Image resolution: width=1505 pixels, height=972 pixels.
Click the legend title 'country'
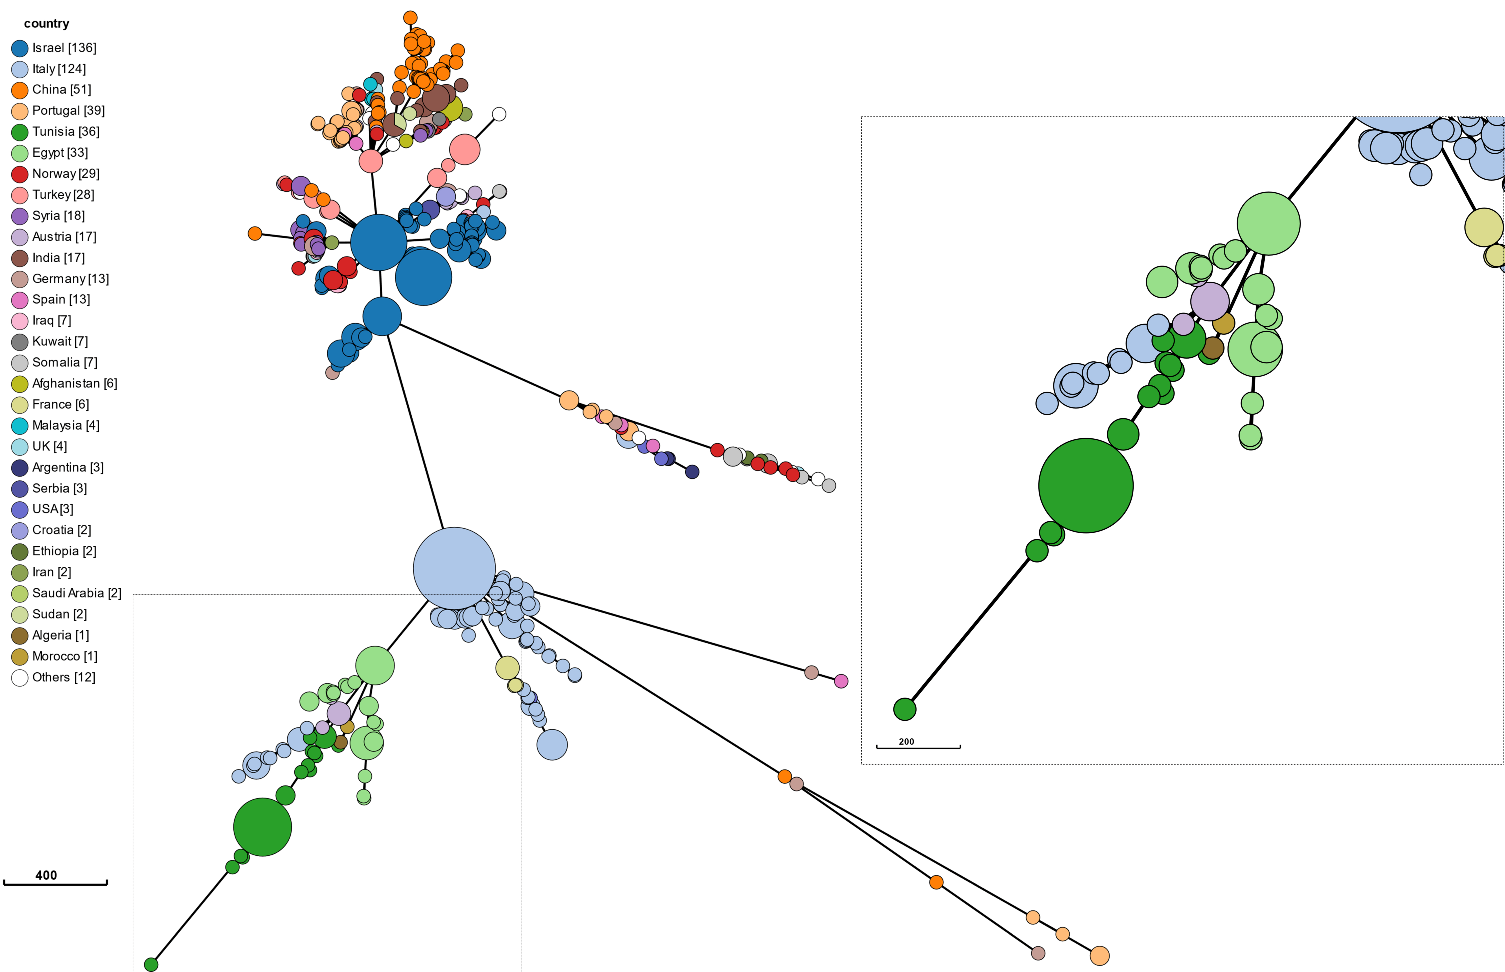pos(46,23)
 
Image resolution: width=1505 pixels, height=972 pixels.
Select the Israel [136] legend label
pos(64,48)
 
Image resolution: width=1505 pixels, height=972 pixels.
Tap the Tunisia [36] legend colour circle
pos(20,132)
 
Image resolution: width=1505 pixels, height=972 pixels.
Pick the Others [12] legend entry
pos(63,677)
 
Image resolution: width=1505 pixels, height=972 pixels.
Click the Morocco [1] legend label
pos(64,656)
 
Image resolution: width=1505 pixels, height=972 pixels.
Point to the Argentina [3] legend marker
pos(20,468)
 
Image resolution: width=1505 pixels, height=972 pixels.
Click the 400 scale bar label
pos(46,875)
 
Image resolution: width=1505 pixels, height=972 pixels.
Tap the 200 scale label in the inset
pos(906,742)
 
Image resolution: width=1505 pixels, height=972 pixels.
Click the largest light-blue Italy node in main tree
pos(454,568)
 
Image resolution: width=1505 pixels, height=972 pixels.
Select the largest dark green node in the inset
pos(1085,485)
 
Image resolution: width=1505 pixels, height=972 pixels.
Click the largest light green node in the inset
pos(1268,224)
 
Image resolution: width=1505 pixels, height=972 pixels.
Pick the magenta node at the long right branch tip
pos(841,681)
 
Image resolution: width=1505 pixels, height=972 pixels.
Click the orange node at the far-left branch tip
pos(255,234)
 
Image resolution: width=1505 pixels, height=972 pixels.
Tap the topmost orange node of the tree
pos(410,18)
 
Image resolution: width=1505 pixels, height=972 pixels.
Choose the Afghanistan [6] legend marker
pos(20,384)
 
